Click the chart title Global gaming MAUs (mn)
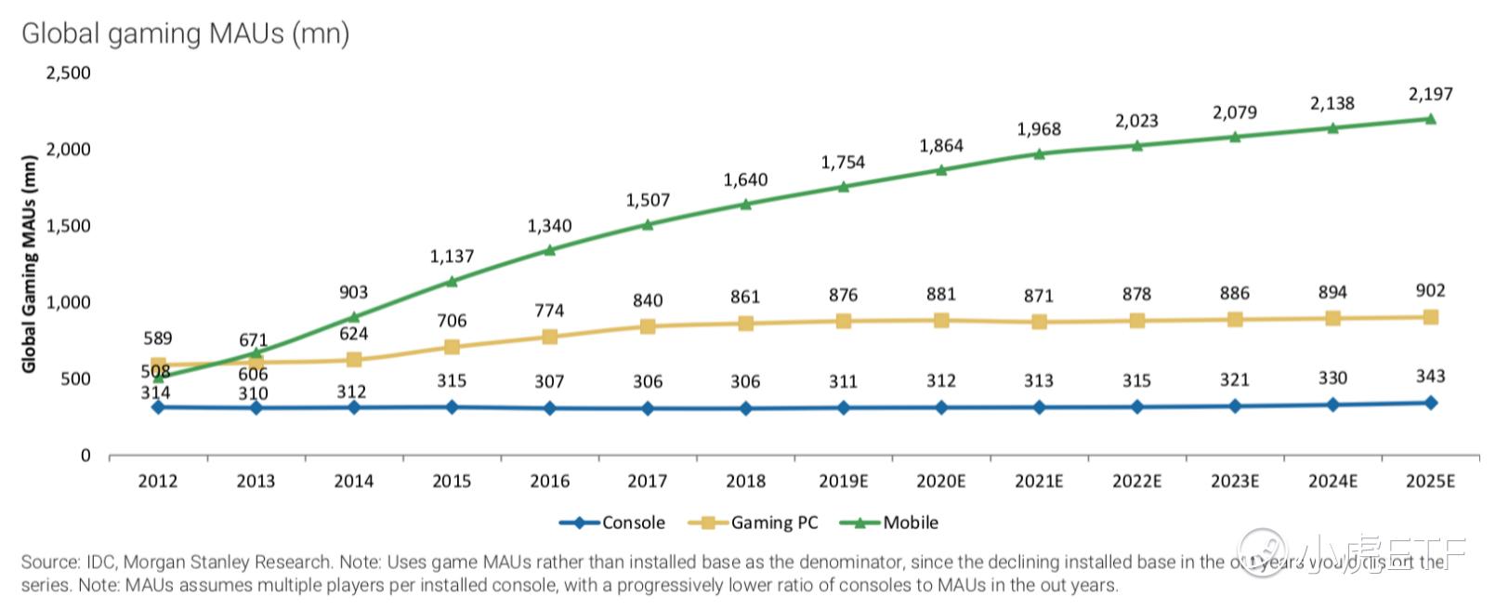[x=185, y=33]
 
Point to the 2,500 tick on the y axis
[x=68, y=73]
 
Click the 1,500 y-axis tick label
[x=68, y=226]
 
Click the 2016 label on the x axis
[x=549, y=481]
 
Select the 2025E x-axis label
[x=1429, y=481]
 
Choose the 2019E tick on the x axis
[x=843, y=481]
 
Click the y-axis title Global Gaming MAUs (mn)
[x=29, y=264]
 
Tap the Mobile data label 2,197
[x=1430, y=94]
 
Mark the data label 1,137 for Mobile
[x=452, y=256]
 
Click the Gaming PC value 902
[x=1430, y=290]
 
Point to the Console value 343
[x=1430, y=376]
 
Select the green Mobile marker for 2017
[x=648, y=224]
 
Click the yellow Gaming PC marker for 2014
[x=354, y=360]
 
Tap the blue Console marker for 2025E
[x=1430, y=403]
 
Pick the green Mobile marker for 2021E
[x=1039, y=153]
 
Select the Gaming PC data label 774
[x=549, y=311]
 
